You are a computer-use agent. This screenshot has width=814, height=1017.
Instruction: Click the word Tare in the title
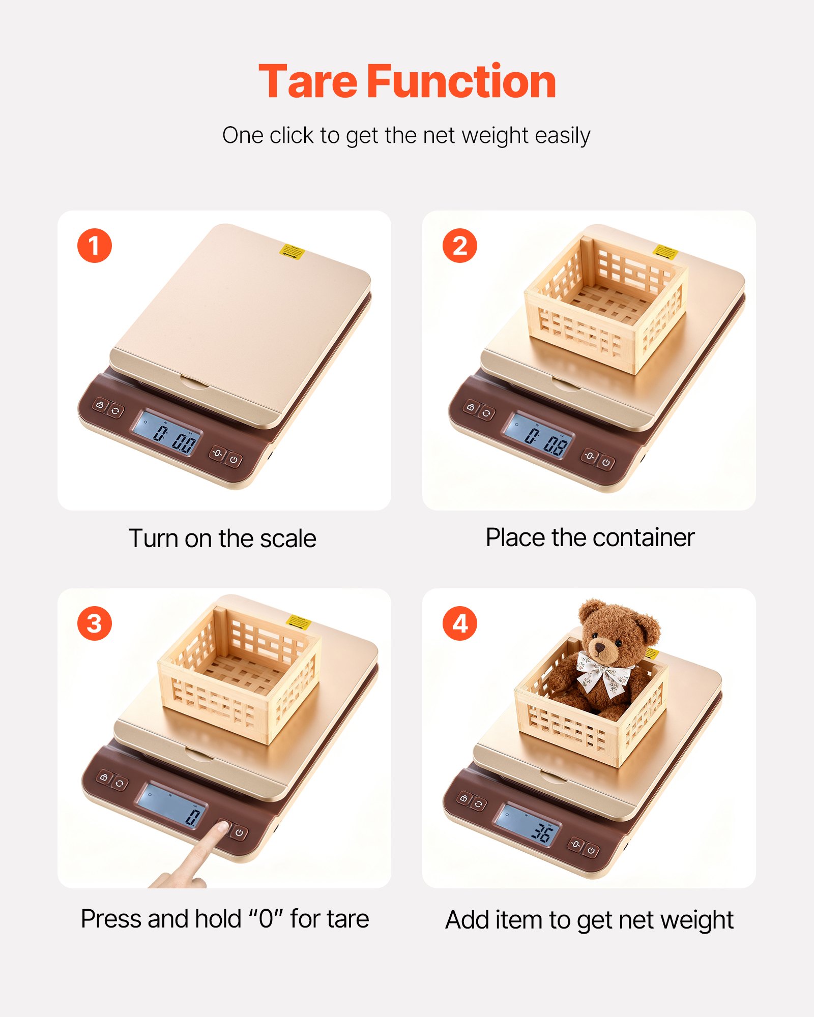[308, 82]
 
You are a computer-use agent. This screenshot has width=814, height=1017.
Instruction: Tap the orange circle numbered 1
[95, 246]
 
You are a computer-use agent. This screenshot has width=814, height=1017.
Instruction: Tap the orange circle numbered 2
[459, 246]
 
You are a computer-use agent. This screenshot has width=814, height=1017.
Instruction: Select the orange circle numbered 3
[95, 623]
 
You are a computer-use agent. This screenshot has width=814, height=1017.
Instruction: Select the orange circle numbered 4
[459, 623]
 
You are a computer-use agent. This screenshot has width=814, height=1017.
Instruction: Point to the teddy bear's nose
[600, 647]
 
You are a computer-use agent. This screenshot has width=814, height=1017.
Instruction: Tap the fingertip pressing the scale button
[222, 826]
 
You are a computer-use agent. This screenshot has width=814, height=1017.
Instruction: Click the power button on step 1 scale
[234, 460]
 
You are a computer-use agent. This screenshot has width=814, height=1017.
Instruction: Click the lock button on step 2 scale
[471, 407]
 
